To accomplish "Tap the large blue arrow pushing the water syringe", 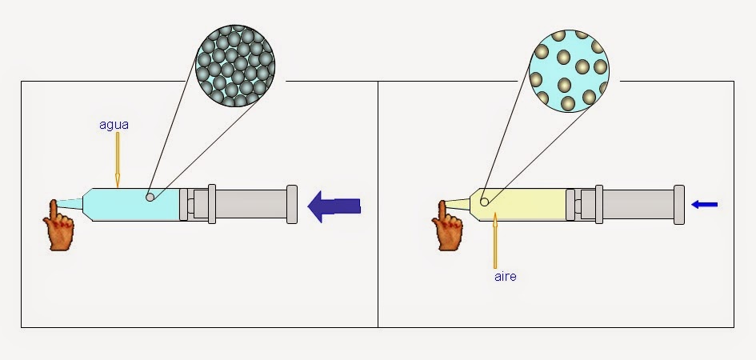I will click(334, 206).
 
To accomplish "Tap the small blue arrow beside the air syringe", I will click(704, 205).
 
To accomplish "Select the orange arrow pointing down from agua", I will click(117, 160).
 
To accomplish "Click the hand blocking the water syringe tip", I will click(59, 225).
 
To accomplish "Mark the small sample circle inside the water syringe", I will click(150, 197).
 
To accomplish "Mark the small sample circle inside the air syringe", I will click(484, 202).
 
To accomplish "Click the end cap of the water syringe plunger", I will click(292, 205).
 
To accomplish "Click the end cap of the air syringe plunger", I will click(679, 204).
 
